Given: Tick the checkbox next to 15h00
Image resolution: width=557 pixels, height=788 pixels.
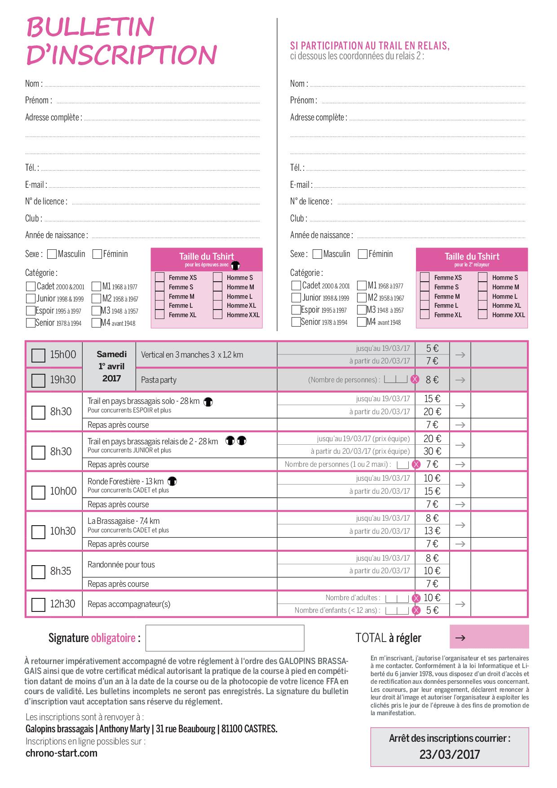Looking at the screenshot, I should click(38, 355).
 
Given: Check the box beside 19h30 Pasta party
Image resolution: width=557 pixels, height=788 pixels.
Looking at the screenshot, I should click(38, 381).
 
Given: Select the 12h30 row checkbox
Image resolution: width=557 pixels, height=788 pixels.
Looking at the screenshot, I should click(38, 604).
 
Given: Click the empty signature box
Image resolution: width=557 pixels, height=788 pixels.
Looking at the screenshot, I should click(225, 638).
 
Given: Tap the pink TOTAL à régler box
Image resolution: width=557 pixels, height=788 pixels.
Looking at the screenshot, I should click(489, 637).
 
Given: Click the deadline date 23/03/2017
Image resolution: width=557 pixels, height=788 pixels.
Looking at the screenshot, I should click(450, 754).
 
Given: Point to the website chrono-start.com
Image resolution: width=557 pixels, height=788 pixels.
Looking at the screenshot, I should click(62, 753).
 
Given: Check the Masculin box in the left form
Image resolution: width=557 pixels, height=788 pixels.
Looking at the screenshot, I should click(52, 254).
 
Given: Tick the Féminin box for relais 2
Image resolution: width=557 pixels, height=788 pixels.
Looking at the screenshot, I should click(362, 254).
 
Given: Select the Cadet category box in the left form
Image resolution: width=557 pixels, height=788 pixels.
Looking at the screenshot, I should click(31, 287).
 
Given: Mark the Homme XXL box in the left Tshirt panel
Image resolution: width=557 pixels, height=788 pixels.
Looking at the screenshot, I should click(218, 314).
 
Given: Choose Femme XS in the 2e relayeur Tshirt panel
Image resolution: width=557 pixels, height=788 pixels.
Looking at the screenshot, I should click(424, 277).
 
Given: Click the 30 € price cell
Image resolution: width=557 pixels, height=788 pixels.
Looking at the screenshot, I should click(432, 451).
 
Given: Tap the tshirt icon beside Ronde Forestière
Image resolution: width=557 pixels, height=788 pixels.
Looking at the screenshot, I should click(172, 482).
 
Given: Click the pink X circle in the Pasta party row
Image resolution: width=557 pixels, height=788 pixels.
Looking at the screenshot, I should click(415, 380).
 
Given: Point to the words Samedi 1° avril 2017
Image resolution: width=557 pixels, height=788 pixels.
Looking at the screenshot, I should click(112, 366).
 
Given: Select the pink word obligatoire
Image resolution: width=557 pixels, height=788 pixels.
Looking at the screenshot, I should click(113, 638).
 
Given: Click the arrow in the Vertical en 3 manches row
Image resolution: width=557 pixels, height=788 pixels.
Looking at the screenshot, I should click(460, 354).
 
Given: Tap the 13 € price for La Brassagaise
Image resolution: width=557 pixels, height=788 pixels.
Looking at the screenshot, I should click(432, 531).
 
